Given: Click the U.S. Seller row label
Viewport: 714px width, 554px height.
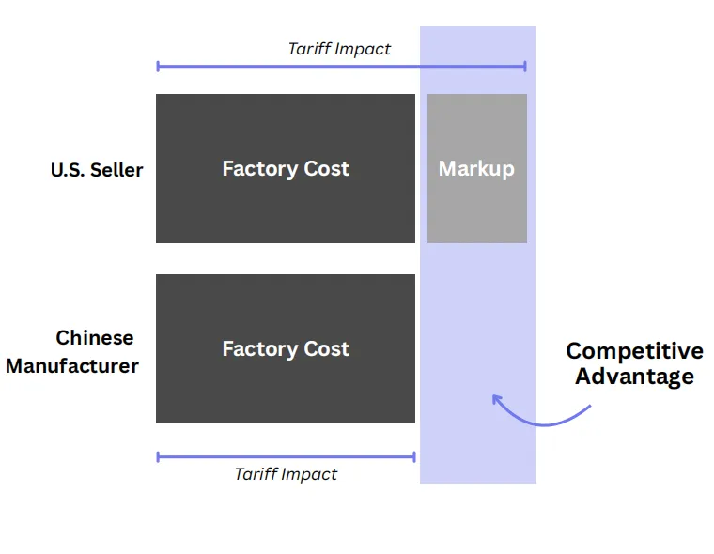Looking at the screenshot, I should tap(97, 170).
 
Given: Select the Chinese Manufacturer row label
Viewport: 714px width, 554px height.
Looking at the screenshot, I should tap(72, 352).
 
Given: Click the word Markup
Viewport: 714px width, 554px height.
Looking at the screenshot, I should tap(476, 169).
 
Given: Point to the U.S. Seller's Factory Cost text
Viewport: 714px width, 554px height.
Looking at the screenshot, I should tap(286, 169).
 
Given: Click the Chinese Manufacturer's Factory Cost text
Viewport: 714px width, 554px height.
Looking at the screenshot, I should tap(286, 349).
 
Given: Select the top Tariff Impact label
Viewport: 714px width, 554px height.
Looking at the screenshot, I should tap(339, 49).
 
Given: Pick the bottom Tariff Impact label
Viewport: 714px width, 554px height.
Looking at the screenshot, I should tap(286, 474).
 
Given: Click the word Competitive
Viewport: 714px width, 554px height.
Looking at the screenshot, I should tap(634, 351).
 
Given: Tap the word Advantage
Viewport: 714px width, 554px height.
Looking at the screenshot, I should tap(634, 377).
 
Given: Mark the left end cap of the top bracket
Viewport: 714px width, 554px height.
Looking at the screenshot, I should tap(158, 66).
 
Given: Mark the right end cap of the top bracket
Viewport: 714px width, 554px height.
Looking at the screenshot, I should tap(525, 66).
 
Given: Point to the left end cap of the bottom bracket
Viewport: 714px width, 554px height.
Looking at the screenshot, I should tap(158, 457).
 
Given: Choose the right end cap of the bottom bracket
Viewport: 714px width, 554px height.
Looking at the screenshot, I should tap(414, 457).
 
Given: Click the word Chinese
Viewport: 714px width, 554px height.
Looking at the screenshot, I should tap(95, 338).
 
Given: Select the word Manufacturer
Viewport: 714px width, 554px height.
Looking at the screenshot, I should tap(72, 366).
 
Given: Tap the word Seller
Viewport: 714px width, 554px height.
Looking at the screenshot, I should tap(117, 170).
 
